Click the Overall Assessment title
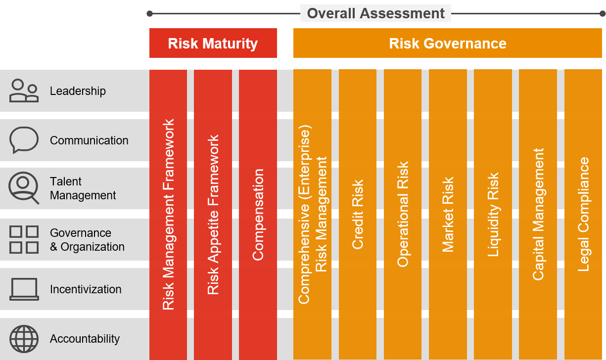(375, 13)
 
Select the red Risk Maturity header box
(213, 43)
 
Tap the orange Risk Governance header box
(448, 43)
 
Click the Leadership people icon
(24, 91)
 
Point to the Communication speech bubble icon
(24, 140)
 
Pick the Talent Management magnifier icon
(24, 188)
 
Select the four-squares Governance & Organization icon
(24, 239)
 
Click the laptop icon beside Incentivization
(24, 289)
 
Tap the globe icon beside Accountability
(24, 339)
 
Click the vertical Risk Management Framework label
(168, 215)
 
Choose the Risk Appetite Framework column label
(213, 215)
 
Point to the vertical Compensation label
(258, 215)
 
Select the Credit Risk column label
(357, 215)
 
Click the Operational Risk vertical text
(403, 215)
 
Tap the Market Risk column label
(448, 215)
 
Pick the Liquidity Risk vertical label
(493, 215)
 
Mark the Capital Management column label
(538, 215)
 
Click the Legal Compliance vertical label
(583, 215)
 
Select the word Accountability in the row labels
(85, 339)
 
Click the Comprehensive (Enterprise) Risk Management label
(312, 215)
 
